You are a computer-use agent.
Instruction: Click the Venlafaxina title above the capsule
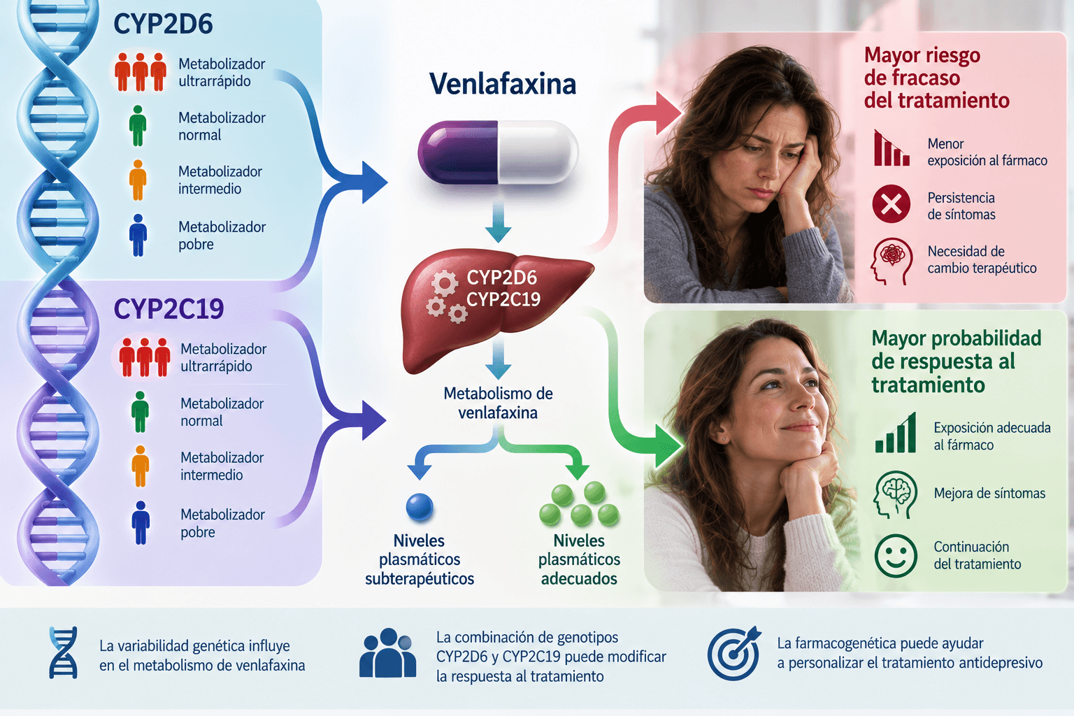click(x=503, y=84)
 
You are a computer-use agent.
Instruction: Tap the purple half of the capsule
click(x=458, y=152)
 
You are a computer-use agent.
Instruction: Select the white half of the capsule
click(x=538, y=152)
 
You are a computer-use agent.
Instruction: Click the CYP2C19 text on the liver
click(x=503, y=299)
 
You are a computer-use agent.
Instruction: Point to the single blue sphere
click(x=420, y=507)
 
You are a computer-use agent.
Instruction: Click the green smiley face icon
click(x=896, y=555)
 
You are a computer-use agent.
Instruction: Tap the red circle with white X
click(x=892, y=203)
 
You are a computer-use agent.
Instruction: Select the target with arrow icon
click(x=734, y=653)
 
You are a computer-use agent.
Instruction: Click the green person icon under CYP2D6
click(x=138, y=126)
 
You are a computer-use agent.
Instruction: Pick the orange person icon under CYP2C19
click(x=140, y=466)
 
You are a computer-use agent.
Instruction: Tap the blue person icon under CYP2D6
click(x=138, y=235)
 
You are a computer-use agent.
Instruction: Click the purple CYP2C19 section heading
click(x=169, y=308)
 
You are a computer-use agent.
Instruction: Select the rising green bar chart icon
click(x=896, y=433)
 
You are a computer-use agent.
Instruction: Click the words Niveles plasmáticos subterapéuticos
click(x=420, y=559)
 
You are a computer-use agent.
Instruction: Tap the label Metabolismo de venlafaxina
click(x=498, y=403)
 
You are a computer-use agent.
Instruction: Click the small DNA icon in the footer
click(x=63, y=652)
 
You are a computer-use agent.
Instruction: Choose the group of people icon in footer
click(x=387, y=652)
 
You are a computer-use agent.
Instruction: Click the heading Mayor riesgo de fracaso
click(x=936, y=78)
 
